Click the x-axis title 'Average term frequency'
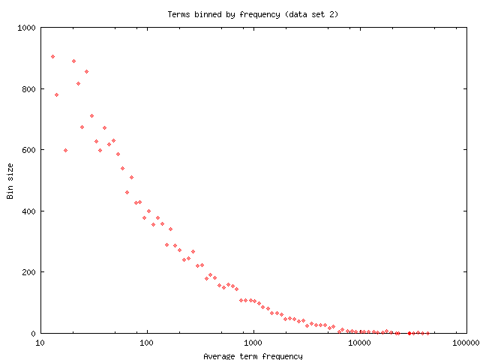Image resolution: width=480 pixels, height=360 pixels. [x=253, y=355]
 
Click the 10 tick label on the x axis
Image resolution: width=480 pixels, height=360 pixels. [x=40, y=343]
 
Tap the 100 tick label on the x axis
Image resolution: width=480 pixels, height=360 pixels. [x=147, y=343]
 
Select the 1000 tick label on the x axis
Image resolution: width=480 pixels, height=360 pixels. [x=253, y=343]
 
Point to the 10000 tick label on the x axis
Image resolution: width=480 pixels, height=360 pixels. [x=360, y=343]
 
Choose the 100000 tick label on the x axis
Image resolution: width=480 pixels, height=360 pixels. [x=466, y=343]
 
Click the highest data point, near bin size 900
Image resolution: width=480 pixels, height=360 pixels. [x=52, y=56]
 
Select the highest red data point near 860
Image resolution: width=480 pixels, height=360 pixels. [x=86, y=71]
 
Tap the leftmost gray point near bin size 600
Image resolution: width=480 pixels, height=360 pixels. [x=65, y=150]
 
